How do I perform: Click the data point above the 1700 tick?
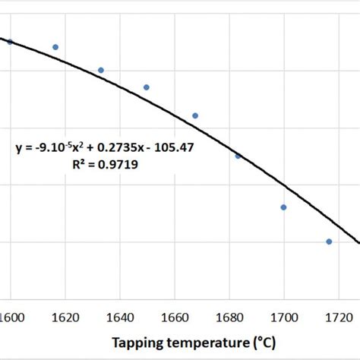click(x=283, y=207)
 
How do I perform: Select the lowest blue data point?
click(x=329, y=242)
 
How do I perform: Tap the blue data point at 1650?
click(x=147, y=87)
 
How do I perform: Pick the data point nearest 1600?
click(x=10, y=42)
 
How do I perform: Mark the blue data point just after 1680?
click(x=238, y=156)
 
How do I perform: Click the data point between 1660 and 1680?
click(x=195, y=115)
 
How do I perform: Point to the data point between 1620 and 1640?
click(x=101, y=71)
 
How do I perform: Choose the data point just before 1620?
click(x=55, y=47)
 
